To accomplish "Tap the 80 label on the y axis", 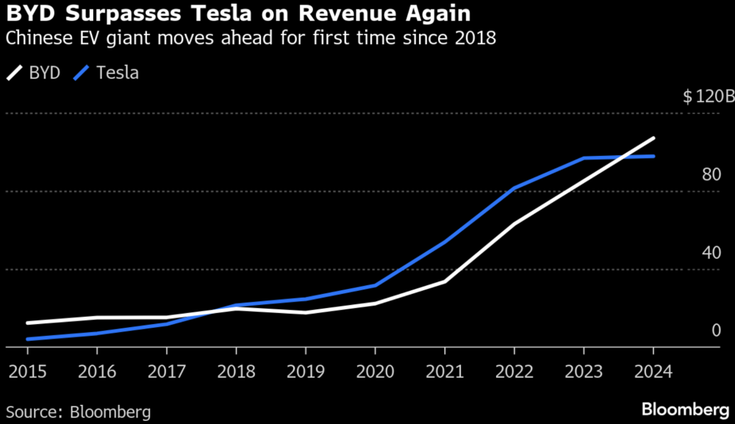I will tap(711, 175).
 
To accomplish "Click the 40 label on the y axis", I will tap(711, 253).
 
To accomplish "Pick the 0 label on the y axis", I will tap(717, 331).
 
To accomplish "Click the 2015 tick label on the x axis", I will tap(27, 371).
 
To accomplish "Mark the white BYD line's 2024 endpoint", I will tap(653, 138).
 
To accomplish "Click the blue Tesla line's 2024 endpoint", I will tap(653, 156).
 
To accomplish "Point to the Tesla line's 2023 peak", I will tap(584, 158).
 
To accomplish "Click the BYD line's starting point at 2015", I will tap(27, 323).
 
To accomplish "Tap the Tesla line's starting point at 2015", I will tap(27, 339).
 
